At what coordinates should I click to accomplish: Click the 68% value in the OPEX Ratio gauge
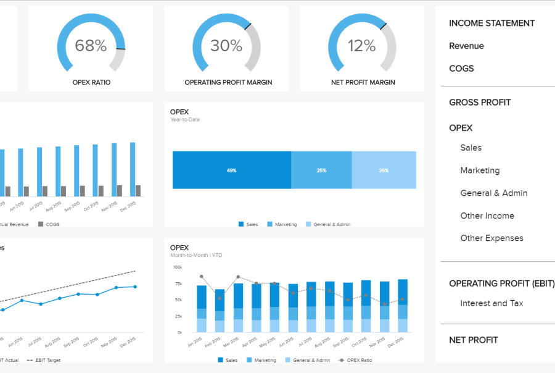coord(91,45)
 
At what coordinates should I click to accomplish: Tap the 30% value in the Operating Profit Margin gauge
coord(226,45)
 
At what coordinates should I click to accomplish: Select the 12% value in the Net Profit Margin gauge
coord(361,45)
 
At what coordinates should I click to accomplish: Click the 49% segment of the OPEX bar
coord(232,170)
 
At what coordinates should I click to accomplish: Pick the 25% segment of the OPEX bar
coord(321,170)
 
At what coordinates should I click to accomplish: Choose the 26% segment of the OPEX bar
coord(384,170)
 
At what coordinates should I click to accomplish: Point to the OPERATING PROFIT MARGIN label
coord(228,82)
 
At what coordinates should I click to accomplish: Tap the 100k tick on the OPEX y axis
coord(178,267)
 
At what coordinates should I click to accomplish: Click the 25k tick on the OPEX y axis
coord(178,316)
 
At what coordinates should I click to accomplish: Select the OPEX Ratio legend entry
coord(358,360)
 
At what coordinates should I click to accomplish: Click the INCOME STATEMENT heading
coord(491,23)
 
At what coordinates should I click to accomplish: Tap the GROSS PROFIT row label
coord(480,103)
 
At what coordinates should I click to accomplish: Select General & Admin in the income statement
coord(493,193)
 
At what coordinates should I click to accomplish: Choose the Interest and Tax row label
coord(491,303)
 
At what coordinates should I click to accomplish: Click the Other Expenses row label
coord(491,238)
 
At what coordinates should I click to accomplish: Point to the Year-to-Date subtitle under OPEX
coord(185,120)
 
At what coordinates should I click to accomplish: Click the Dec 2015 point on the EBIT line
coord(135,287)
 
